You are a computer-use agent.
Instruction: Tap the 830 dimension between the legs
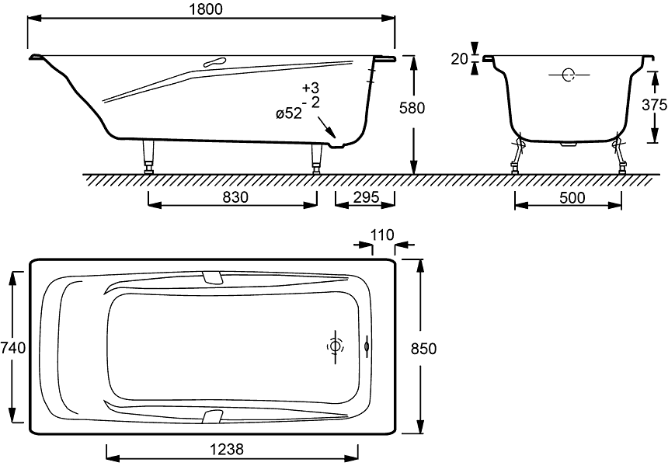pos(232,197)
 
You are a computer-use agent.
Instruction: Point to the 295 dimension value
pos(364,197)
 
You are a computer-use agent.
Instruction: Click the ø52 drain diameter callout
pos(288,114)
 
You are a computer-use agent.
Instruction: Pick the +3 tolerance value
pos(310,87)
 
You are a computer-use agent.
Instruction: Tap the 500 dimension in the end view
pos(572,197)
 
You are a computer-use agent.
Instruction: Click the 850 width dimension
pos(427,347)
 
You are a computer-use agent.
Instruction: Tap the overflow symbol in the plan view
pos(367,346)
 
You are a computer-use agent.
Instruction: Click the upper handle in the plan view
pos(211,277)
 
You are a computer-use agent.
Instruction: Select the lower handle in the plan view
pos(211,416)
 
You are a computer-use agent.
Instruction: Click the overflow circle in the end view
pos(569,75)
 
